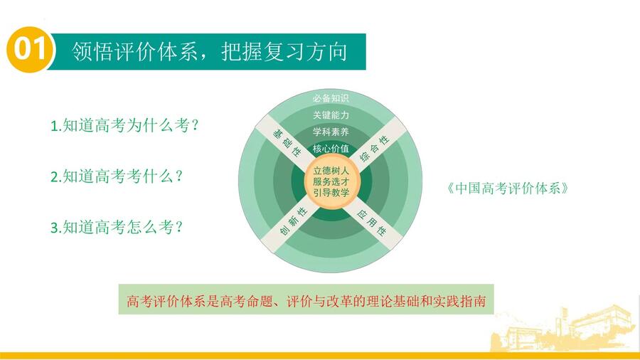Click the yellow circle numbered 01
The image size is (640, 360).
point(30,50)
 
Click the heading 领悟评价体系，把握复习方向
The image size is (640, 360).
point(209,52)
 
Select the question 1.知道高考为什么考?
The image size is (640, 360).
point(124,125)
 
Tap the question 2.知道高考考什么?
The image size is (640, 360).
point(117,176)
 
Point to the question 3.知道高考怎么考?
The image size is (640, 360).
point(117,227)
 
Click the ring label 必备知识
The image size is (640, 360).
point(331,98)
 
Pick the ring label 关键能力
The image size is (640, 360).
point(331,115)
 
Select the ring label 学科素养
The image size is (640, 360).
point(331,132)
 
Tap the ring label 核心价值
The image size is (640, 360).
point(331,149)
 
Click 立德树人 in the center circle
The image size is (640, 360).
point(331,171)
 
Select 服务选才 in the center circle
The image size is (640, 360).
point(331,181)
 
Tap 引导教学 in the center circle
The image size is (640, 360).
point(331,192)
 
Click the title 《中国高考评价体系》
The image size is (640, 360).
point(507,188)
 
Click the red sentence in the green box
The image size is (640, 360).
point(306,301)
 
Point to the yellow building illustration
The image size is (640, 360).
point(563,329)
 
